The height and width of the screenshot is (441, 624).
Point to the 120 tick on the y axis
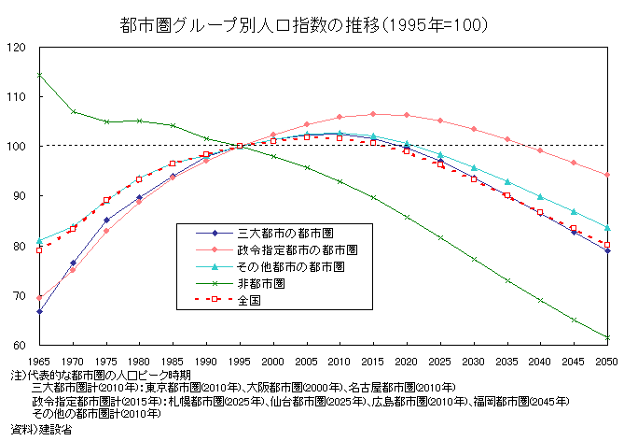coord(16,48)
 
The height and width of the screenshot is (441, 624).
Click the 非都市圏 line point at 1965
coord(39,75)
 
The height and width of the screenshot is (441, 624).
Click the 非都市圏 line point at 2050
coord(607,337)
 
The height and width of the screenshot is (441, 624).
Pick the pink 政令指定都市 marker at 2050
coord(607,175)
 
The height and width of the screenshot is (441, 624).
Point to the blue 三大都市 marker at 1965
coord(39,311)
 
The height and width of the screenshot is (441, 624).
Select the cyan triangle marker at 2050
coord(607,228)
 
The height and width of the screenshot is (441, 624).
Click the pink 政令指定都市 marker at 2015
coord(373,114)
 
